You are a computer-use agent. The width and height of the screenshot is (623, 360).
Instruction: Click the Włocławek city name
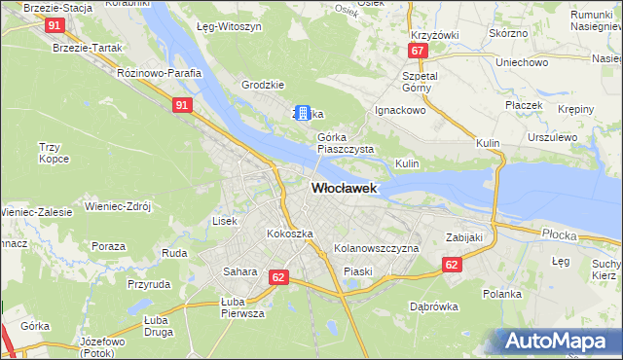[344, 189]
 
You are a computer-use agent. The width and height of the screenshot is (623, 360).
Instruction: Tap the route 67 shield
[417, 50]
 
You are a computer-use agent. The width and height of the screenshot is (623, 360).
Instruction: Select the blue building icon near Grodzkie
[303, 113]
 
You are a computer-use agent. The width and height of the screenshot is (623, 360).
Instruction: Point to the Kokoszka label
[290, 234]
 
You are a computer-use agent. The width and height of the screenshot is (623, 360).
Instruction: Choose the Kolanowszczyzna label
[376, 249]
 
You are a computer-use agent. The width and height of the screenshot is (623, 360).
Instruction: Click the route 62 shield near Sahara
[278, 277]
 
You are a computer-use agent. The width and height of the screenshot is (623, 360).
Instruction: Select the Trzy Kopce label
[51, 152]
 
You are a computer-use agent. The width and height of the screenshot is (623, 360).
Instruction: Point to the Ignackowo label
[401, 111]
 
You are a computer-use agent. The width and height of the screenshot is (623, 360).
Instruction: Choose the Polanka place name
[503, 294]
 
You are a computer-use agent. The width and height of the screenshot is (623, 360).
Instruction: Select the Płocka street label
[560, 234]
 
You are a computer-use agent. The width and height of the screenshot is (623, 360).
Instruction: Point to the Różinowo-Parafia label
[158, 73]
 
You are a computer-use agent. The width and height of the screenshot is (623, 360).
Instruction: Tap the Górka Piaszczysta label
[345, 143]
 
